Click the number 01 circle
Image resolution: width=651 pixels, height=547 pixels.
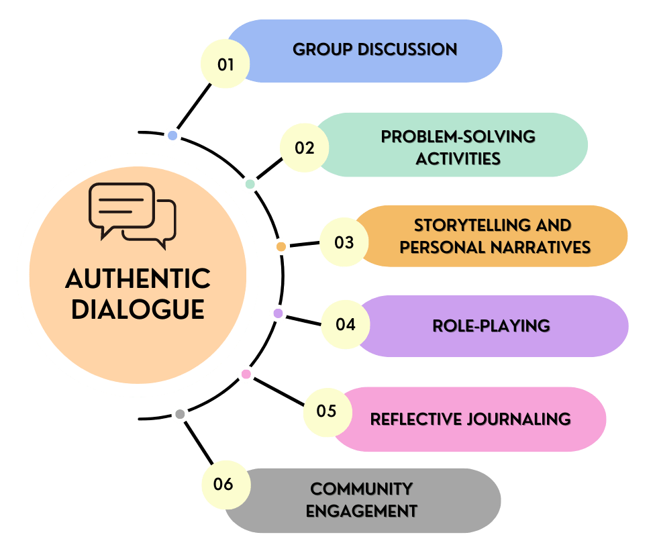tap(226, 64)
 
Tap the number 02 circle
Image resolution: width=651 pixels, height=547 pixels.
tap(304, 148)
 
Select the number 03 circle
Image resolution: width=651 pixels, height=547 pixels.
tap(344, 242)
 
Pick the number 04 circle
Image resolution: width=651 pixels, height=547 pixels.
tap(345, 325)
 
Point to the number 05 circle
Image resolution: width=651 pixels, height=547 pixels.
tap(326, 410)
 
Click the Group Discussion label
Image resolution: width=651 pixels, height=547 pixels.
tap(374, 50)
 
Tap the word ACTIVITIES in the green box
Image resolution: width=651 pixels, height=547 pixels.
tap(458, 159)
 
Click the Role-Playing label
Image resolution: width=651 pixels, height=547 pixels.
tap(491, 326)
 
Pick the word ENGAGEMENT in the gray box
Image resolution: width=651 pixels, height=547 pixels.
tap(362, 511)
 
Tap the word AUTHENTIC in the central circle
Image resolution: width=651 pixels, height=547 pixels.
tap(138, 279)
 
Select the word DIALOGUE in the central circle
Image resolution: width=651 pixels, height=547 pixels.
tap(138, 309)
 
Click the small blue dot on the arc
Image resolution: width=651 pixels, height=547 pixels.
tap(172, 136)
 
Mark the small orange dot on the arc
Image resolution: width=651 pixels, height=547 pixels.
tap(281, 247)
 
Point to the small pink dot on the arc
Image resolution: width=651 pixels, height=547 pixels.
tap(246, 374)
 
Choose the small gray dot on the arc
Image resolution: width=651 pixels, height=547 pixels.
tap(179, 415)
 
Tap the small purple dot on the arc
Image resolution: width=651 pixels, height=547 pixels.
tap(278, 313)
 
